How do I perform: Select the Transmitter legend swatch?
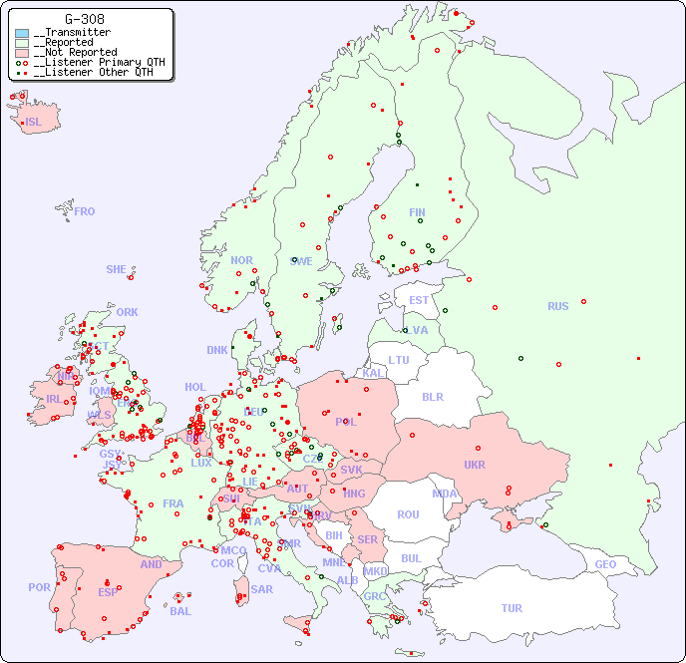pos(22,33)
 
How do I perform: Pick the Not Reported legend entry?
pos(75,52)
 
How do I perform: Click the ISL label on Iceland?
pos(34,123)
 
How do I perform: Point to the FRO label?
pos(85,211)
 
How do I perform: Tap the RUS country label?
pos(557,306)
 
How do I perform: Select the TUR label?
pos(512,608)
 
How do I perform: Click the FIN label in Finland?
pos(417,212)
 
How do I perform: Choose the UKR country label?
pos(475,465)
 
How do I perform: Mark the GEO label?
pos(605,564)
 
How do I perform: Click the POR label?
pos(39,587)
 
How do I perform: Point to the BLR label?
pos(432,396)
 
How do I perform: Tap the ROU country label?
pos(408,514)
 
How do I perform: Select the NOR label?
pos(241,260)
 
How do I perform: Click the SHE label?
pos(117,269)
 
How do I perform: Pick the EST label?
pos(419,300)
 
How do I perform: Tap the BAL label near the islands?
pos(180,611)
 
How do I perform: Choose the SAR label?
pos(262,589)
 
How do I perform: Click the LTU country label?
pos(399,360)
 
